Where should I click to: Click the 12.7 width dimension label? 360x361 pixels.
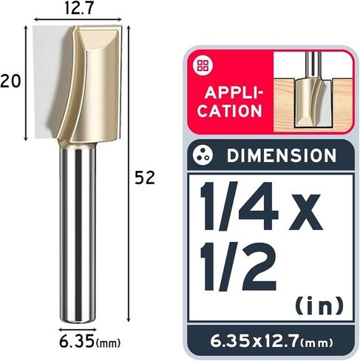(x=78, y=8)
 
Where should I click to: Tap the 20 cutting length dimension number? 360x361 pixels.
(x=10, y=81)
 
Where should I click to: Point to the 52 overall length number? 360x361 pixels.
(x=145, y=178)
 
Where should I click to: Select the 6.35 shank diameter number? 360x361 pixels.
(x=77, y=341)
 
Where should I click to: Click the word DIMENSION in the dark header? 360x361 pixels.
(x=282, y=155)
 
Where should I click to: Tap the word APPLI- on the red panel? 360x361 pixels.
(x=234, y=93)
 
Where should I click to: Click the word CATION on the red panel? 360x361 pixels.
(x=230, y=111)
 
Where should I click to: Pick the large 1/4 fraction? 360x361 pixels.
(x=239, y=206)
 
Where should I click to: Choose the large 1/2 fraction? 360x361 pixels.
(x=238, y=266)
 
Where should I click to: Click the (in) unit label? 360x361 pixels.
(x=319, y=306)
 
